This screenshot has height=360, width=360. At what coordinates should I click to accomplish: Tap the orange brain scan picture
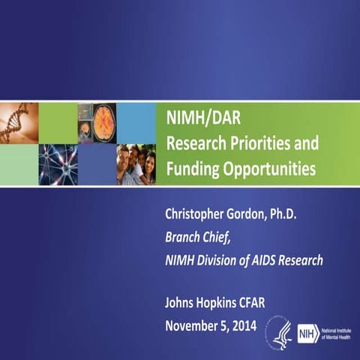[97, 122]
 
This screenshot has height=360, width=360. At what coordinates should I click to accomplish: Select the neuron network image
[58, 163]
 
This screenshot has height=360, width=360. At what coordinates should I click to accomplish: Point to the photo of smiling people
[136, 163]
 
